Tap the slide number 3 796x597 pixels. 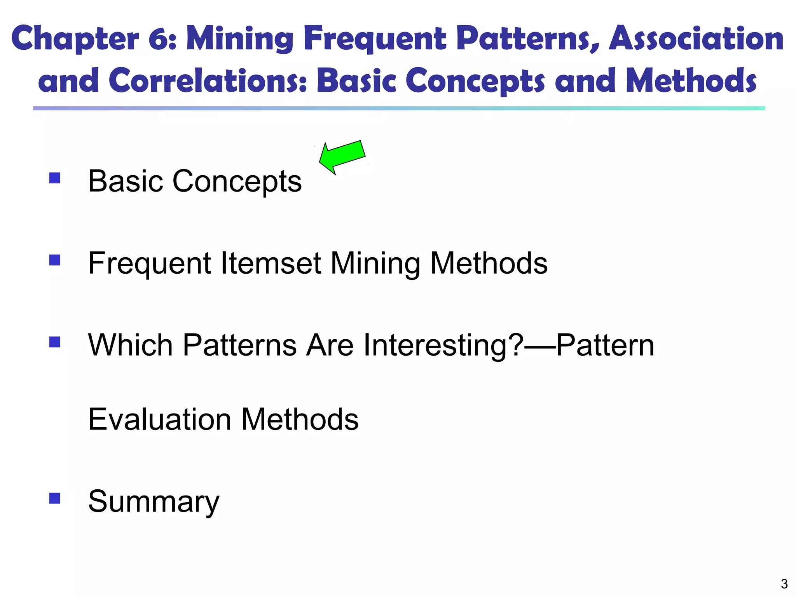(x=784, y=584)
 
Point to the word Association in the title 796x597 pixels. (x=696, y=39)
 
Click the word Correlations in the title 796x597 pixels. (x=208, y=81)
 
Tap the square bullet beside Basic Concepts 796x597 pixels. (x=55, y=178)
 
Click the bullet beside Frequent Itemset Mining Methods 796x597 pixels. (x=55, y=260)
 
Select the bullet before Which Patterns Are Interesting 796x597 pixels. (x=55, y=342)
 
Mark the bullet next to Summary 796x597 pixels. (x=55, y=498)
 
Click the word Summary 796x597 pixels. (x=154, y=502)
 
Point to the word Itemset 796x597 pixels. (x=271, y=263)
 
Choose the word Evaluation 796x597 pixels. (x=160, y=419)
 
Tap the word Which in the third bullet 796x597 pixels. (x=130, y=345)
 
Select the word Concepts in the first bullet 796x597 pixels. (x=237, y=181)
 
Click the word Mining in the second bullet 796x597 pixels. (x=375, y=263)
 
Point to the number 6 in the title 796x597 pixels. (x=159, y=39)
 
